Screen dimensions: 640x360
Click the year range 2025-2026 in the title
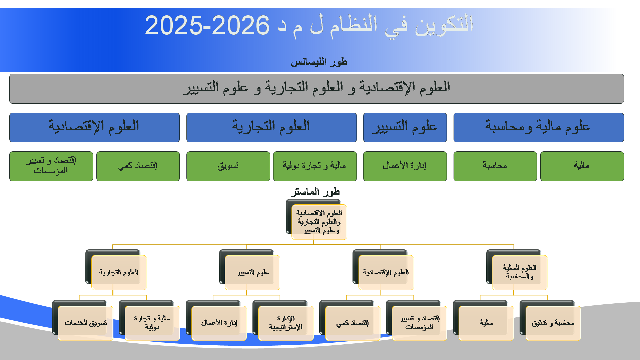tap(207, 25)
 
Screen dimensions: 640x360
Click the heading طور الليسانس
tap(319, 62)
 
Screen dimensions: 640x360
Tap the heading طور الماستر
tap(315, 192)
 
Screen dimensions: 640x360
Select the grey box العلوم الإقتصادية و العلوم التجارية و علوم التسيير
tap(316, 89)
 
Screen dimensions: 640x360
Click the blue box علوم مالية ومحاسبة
tap(539, 127)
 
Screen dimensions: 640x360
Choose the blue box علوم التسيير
tap(405, 127)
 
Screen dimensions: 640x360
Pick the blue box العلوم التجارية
tap(271, 127)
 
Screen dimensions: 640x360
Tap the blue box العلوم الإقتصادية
tap(94, 127)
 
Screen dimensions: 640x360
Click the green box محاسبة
tap(495, 166)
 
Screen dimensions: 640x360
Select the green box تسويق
tap(228, 166)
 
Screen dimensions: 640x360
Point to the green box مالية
tap(582, 166)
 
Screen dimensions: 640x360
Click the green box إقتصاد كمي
tap(138, 166)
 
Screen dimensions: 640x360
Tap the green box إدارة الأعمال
tap(405, 166)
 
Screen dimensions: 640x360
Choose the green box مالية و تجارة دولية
tap(315, 166)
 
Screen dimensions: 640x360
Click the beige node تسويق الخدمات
tap(85, 323)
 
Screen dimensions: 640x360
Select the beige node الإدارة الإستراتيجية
tap(286, 323)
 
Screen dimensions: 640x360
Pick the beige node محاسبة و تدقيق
tap(553, 323)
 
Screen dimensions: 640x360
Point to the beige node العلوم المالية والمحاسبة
tap(520, 272)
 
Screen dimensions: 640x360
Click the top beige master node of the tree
tap(319, 222)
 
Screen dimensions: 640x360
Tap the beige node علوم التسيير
tap(252, 272)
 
